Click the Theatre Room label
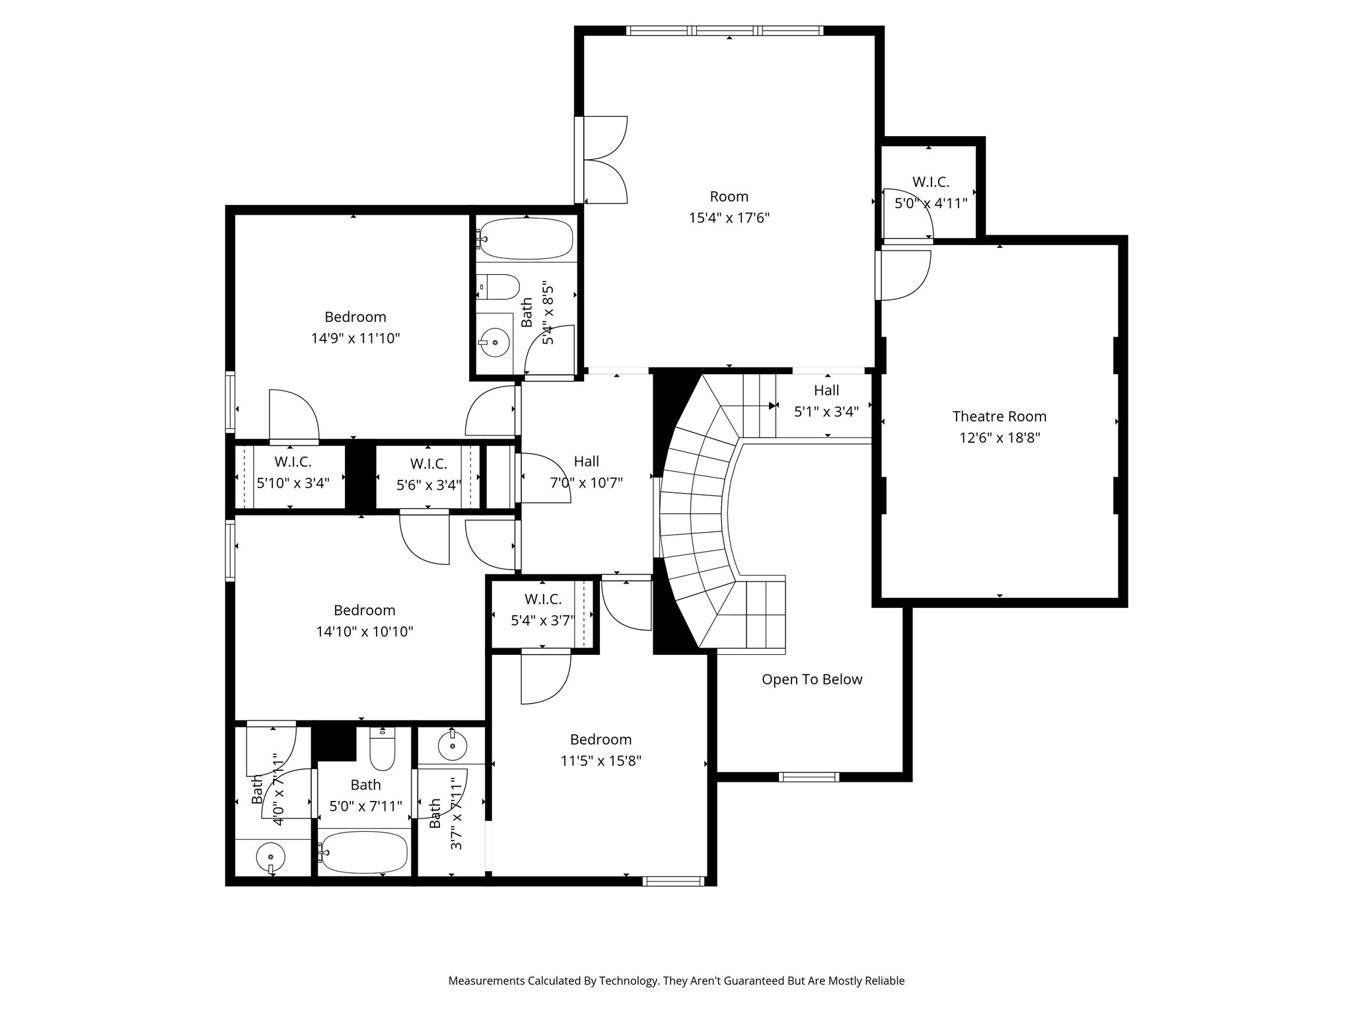click(999, 416)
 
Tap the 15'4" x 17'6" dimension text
click(729, 218)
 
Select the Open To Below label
click(812, 679)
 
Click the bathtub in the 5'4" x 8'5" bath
click(527, 239)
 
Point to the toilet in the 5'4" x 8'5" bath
click(499, 287)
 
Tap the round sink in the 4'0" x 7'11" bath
click(270, 857)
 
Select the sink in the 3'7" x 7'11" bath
click(453, 746)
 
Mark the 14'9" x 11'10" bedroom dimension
click(355, 338)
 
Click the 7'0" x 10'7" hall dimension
click(586, 483)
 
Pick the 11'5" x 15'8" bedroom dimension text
click(601, 761)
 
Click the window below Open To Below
click(809, 777)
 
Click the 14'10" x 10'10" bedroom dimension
click(364, 632)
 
